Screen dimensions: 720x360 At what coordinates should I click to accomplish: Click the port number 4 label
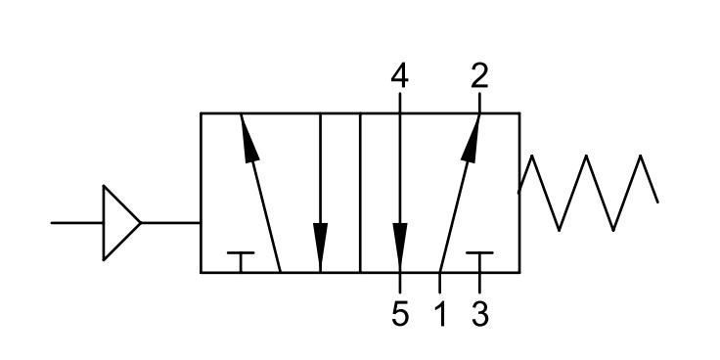[x=399, y=75]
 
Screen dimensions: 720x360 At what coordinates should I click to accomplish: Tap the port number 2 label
[x=480, y=75]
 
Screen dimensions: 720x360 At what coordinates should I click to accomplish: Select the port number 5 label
[x=400, y=315]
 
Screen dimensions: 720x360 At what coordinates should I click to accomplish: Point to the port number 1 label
[x=440, y=315]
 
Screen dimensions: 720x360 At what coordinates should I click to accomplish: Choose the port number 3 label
[x=480, y=315]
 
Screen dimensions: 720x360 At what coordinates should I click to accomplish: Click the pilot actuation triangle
[x=120, y=223]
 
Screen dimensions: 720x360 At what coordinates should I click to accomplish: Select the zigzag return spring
[x=588, y=193]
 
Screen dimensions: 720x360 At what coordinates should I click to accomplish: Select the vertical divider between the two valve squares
[x=360, y=193]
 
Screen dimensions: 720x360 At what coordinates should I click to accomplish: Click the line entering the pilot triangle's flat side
[x=76, y=223]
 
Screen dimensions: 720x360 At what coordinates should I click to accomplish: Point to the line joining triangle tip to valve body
[x=170, y=223]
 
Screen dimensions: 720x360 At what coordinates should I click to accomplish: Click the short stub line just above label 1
[x=440, y=283]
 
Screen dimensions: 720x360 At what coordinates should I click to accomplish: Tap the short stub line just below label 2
[x=480, y=103]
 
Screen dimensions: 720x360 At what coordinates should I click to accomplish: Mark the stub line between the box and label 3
[x=480, y=283]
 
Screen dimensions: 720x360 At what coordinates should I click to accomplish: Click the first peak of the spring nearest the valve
[x=532, y=156]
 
